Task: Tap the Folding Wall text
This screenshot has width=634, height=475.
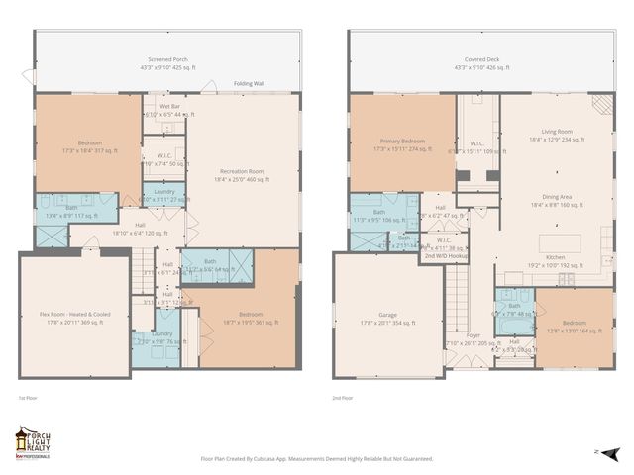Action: coord(249,84)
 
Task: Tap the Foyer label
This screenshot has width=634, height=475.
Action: coord(475,336)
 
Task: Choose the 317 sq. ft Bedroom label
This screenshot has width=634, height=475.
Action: coord(89,144)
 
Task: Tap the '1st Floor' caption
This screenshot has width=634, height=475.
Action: coord(27,399)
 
